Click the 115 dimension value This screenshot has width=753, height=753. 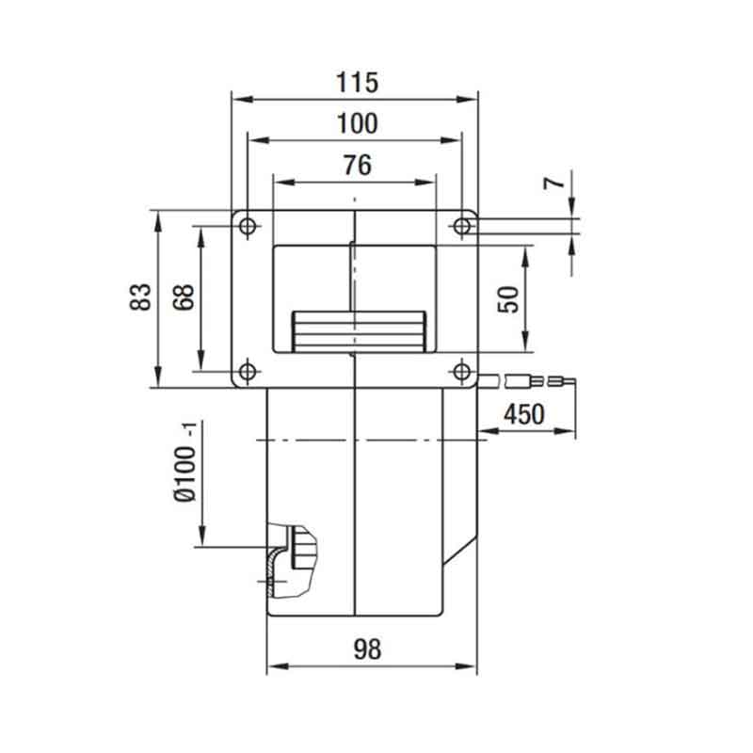pos(357,82)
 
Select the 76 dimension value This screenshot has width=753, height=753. pos(358,165)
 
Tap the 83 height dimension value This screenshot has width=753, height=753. pos(140,297)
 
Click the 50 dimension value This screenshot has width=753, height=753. pos(508,299)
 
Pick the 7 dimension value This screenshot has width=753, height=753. pos(554,183)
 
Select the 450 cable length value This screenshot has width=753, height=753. pos(524,414)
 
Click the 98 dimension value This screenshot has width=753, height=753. pos(367,649)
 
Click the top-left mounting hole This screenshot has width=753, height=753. pos(248,226)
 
